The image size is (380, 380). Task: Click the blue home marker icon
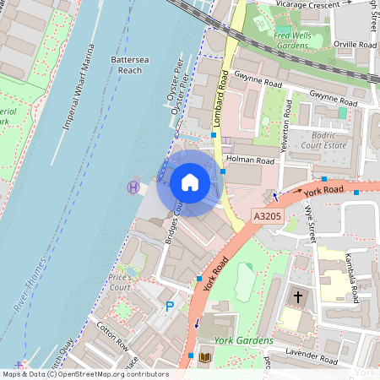pyautogui.click(x=189, y=182)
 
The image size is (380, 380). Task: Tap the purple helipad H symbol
pyautogui.click(x=133, y=187)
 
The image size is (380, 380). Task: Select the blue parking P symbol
pyautogui.click(x=170, y=306)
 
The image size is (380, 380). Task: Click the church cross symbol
pyautogui.click(x=297, y=297)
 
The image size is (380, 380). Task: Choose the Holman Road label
pyautogui.click(x=252, y=159)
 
